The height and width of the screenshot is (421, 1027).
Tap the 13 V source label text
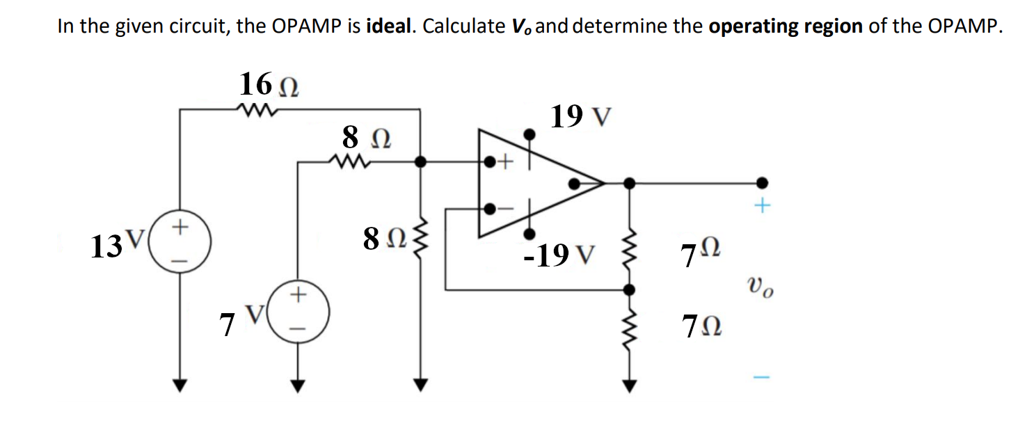(x=116, y=246)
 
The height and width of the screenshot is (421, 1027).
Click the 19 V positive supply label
(x=581, y=117)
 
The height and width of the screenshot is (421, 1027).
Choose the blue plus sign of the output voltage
(x=763, y=207)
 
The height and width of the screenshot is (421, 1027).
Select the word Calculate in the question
(x=464, y=26)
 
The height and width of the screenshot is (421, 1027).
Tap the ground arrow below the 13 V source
(x=181, y=384)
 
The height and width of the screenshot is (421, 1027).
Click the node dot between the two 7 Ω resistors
(x=629, y=289)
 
